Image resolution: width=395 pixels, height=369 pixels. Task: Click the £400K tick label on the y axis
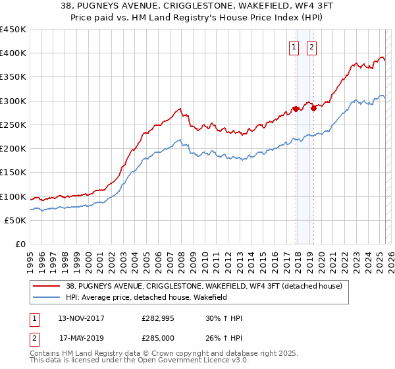(13, 53)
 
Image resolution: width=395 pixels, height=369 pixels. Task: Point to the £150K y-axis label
(13, 173)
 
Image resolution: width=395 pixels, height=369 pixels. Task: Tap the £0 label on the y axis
(19, 244)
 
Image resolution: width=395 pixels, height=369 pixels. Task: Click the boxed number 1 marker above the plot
(293, 47)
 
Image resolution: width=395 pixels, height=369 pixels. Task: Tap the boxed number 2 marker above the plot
(311, 47)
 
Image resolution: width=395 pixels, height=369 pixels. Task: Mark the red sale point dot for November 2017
(296, 109)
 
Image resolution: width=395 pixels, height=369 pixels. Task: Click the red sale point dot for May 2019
(313, 109)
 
